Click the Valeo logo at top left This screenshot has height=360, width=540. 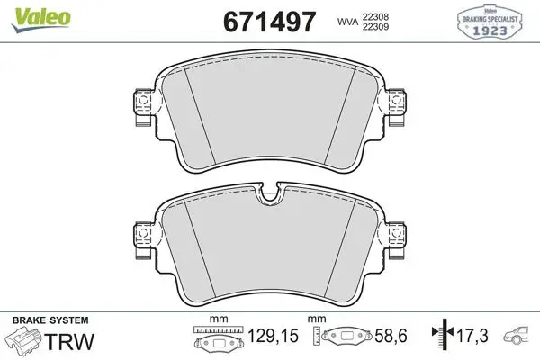tap(41, 19)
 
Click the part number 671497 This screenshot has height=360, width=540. tap(270, 22)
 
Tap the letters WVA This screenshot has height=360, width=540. tap(347, 22)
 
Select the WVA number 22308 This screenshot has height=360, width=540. tap(375, 16)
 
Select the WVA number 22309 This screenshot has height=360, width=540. tap(375, 26)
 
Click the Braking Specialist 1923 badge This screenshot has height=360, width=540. tap(490, 22)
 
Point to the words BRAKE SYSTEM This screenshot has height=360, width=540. tap(50, 320)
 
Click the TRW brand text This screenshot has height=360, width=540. tap(69, 341)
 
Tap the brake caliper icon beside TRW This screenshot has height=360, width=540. tap(23, 339)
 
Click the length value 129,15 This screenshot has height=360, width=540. tap(273, 336)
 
